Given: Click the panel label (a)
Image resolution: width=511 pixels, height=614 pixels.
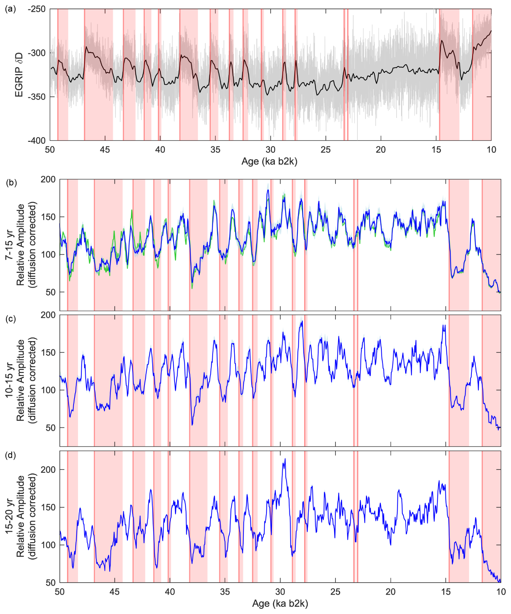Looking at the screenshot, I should click(11, 9).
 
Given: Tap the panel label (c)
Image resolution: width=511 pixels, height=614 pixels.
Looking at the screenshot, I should click(11, 318).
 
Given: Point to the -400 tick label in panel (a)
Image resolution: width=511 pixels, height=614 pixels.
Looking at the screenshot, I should click(37, 141).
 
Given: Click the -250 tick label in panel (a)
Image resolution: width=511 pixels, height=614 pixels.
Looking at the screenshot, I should click(37, 9).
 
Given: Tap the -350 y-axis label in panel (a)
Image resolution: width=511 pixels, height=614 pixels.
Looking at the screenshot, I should click(37, 97).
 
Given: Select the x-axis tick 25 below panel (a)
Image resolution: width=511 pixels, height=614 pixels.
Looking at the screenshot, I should click(326, 150).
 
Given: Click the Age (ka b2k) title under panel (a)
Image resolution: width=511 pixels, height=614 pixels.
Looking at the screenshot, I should click(269, 161).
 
